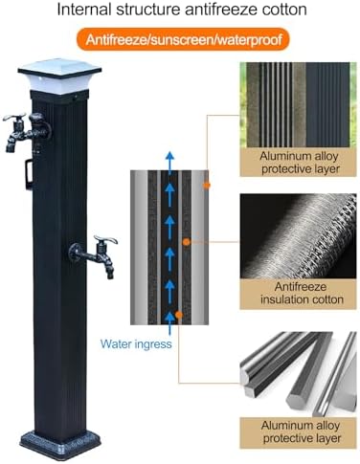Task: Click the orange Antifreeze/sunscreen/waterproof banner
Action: click(x=180, y=42)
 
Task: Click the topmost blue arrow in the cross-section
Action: click(x=170, y=161)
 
